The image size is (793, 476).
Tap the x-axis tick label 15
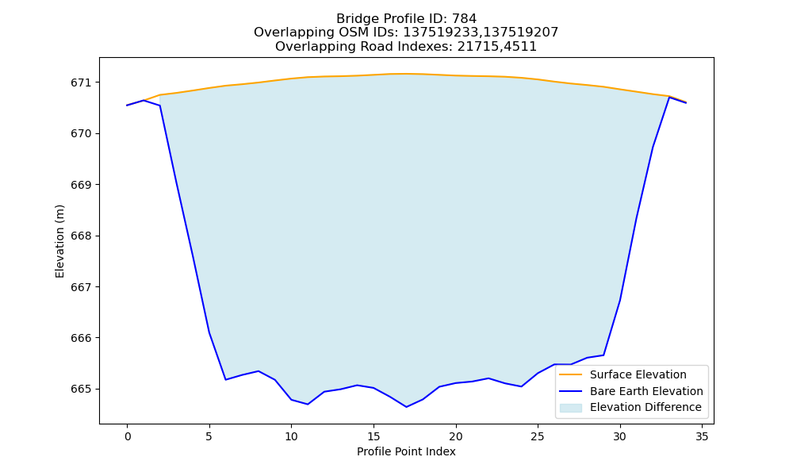click(x=374, y=436)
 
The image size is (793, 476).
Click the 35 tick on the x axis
click(x=702, y=436)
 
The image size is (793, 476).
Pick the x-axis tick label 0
click(x=127, y=436)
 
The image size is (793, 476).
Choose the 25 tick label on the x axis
click(x=538, y=436)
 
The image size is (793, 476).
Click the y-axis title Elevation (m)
click(x=59, y=241)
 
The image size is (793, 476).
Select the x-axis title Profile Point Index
click(x=406, y=451)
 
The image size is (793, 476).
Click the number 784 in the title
click(x=464, y=19)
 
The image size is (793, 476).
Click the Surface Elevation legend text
click(x=638, y=374)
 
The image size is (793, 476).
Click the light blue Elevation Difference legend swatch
click(x=570, y=408)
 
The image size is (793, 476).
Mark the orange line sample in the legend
click(x=570, y=374)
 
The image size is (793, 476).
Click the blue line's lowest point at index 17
click(x=406, y=407)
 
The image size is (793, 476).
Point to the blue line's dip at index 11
click(x=308, y=404)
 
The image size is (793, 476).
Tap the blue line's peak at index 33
click(x=669, y=97)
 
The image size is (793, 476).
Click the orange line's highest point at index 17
click(x=406, y=74)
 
